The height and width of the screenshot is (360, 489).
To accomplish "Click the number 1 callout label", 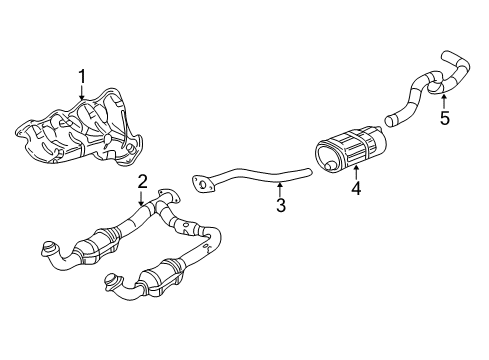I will point(82,76).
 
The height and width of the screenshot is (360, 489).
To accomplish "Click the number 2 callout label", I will point(143,181).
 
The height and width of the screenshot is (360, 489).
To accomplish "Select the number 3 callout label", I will point(281,207).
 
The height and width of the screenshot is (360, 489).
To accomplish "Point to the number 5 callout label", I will point(445,118).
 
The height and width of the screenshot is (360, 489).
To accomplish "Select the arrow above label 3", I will point(281,187).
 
